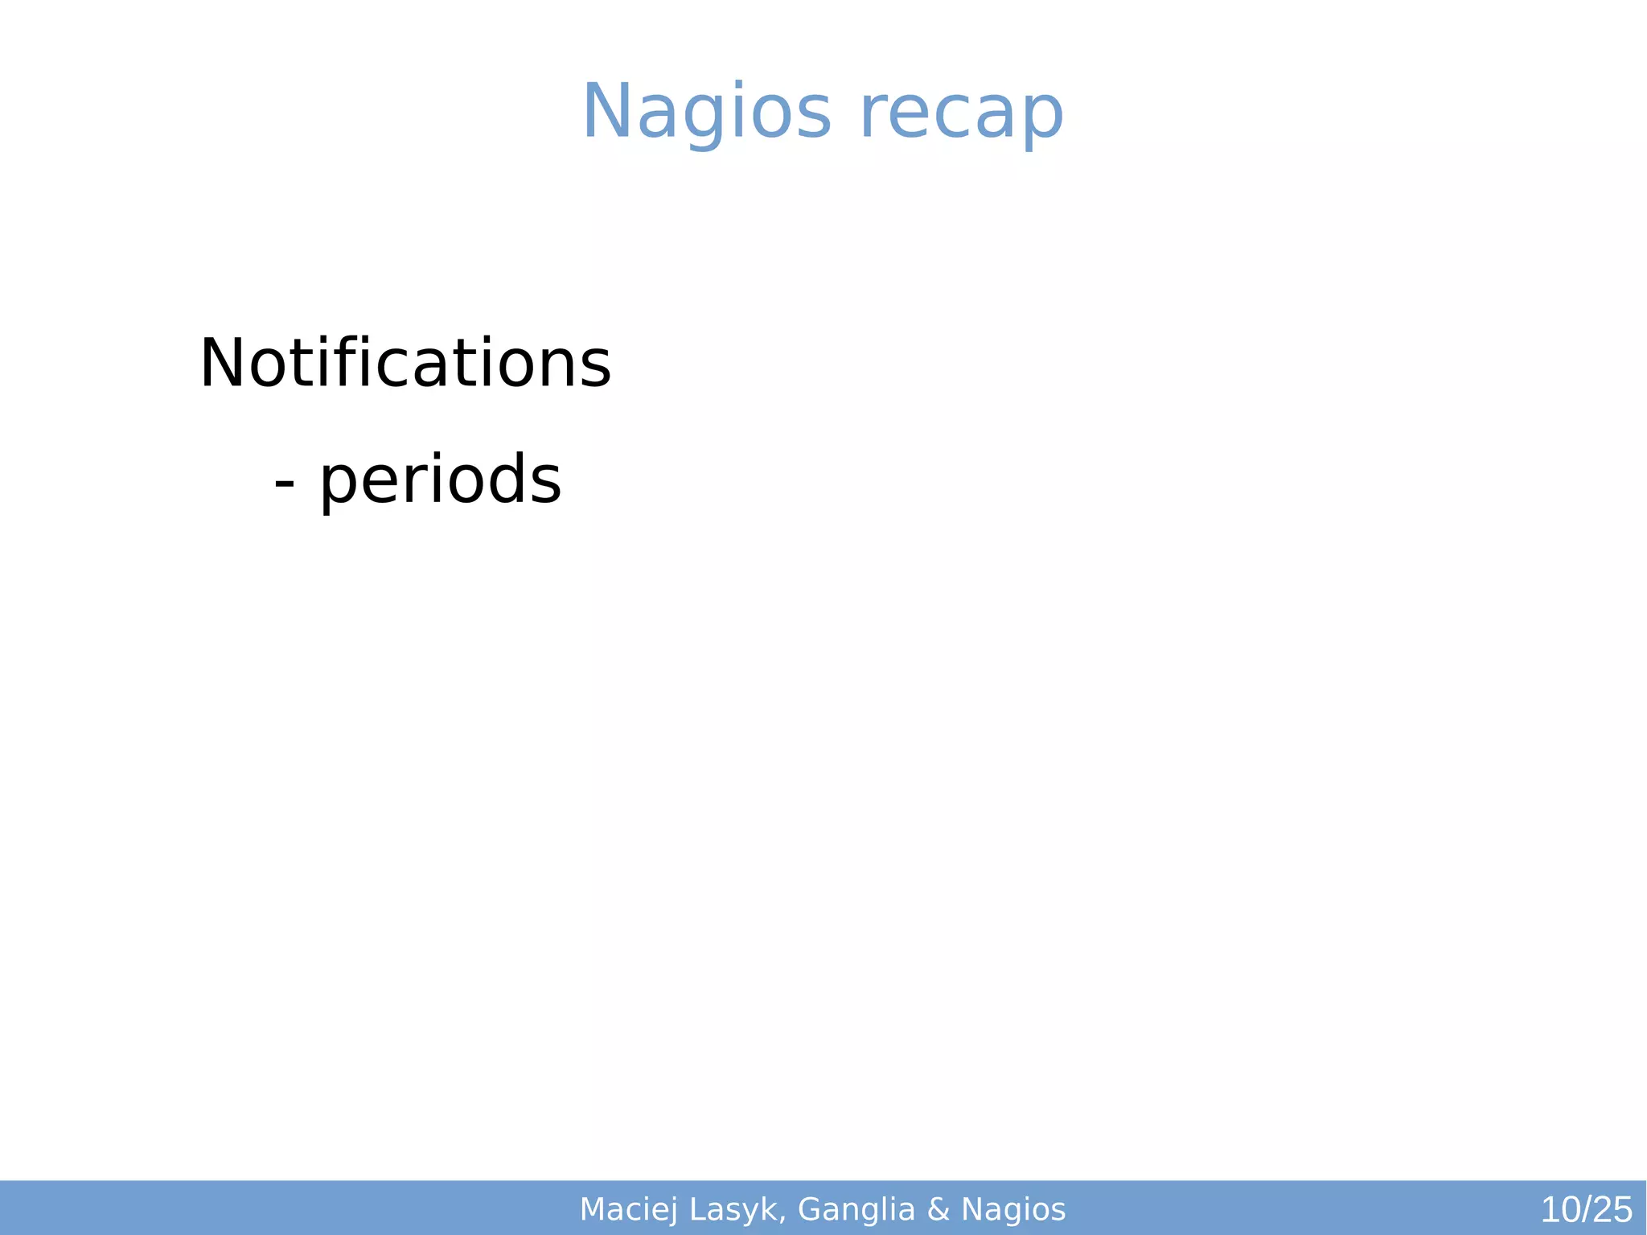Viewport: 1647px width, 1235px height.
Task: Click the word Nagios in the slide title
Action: (706, 113)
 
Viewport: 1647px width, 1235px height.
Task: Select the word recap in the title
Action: (961, 113)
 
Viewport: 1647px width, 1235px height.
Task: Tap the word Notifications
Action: (405, 364)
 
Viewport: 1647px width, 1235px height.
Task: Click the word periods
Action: (440, 480)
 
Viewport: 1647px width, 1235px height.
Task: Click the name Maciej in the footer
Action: (628, 1209)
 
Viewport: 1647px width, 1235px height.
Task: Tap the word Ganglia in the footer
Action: (856, 1209)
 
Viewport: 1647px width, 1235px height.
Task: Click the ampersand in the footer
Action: (938, 1209)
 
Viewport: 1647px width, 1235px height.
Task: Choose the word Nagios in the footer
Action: (1013, 1209)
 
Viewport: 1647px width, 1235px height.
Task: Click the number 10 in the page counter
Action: (1560, 1210)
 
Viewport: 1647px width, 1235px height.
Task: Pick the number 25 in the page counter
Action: (1612, 1210)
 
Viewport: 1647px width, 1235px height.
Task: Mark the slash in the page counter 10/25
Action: (1586, 1210)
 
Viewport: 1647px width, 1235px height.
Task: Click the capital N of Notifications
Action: (221, 364)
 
